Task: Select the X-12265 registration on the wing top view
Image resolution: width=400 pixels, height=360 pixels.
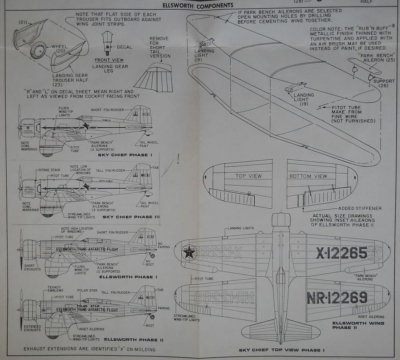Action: [341, 253]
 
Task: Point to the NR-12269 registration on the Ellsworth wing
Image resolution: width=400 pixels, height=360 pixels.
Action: [336, 297]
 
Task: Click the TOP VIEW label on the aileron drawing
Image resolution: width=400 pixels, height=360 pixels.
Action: [248, 176]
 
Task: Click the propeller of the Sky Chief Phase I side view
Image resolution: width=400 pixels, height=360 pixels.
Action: [20, 122]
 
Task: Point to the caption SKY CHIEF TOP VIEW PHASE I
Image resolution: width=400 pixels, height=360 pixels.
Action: [280, 350]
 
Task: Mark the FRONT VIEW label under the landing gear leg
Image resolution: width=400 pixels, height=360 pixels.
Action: [109, 59]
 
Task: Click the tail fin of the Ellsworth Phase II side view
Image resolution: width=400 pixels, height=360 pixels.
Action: [144, 296]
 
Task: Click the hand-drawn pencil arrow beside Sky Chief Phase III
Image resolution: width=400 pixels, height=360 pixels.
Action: [169, 169]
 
